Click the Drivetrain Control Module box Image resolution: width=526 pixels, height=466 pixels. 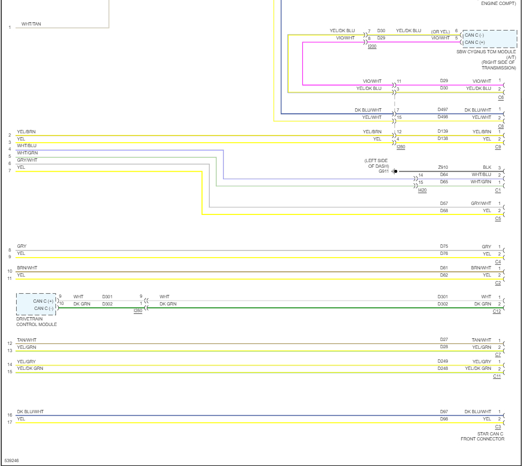pos(36,304)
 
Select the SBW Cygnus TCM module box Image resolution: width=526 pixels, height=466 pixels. pos(489,38)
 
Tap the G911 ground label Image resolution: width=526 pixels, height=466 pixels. pos(384,172)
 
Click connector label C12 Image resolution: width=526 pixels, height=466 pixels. pos(497,311)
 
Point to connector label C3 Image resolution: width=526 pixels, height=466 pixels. pos(498,427)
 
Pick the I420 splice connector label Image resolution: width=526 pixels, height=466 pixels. pos(422,190)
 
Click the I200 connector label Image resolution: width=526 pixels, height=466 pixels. pos(372,46)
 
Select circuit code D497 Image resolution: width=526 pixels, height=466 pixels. pos(442,110)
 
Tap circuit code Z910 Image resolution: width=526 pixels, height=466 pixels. pos(443,167)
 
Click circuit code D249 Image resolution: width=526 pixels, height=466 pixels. pos(443,361)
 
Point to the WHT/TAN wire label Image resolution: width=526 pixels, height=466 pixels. pos(31,24)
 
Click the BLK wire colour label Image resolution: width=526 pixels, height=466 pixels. pos(487,167)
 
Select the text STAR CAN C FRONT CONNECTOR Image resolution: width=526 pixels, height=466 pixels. pos(482,437)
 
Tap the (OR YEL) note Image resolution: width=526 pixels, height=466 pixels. pos(441,31)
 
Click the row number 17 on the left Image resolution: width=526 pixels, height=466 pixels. pos(9,423)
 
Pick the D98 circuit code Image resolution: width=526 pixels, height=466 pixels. pos(444,419)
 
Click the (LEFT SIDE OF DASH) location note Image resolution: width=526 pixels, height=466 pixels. pos(377,163)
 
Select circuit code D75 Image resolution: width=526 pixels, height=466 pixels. pos(444,247)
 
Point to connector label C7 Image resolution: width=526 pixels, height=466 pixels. pos(498,354)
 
